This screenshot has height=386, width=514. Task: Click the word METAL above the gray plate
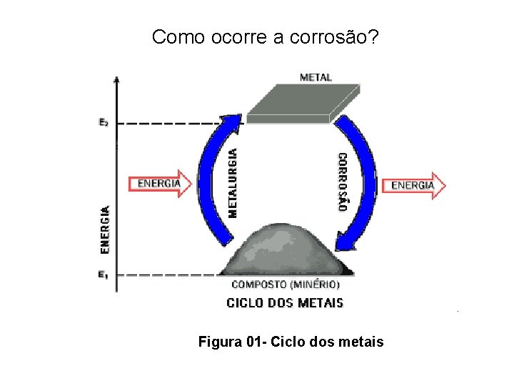316,76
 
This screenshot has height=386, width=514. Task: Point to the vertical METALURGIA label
233,182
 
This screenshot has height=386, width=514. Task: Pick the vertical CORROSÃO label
343,182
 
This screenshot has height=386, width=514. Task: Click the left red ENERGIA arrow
161,184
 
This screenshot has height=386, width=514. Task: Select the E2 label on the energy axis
104,122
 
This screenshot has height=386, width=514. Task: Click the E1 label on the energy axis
104,274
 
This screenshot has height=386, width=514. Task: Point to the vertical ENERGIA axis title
105,230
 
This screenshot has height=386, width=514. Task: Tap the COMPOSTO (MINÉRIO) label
286,284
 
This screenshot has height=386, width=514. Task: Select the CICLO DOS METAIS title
285,303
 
